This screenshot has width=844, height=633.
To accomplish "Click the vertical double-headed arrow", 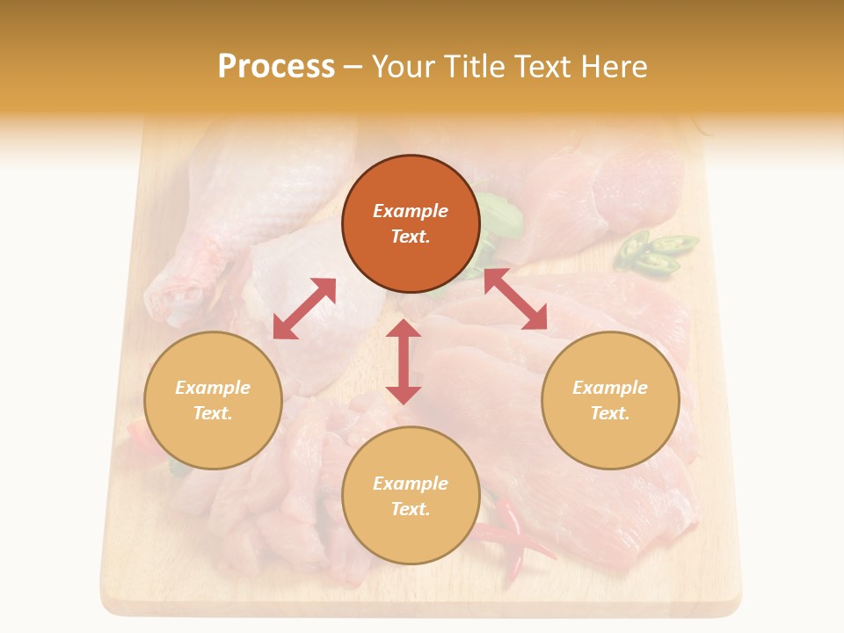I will click(x=404, y=361).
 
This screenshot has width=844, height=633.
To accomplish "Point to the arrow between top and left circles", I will click(x=304, y=309).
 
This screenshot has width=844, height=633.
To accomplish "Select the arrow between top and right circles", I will click(x=515, y=299).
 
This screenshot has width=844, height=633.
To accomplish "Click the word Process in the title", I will click(x=276, y=66).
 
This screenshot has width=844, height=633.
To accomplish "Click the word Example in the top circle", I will click(x=411, y=211).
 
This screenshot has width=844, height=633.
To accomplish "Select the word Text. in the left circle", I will click(x=213, y=413).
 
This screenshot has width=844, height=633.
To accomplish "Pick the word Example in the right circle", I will click(x=610, y=388).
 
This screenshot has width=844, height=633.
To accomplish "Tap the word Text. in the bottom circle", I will click(x=411, y=509).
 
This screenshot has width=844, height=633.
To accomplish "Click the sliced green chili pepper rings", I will click(x=655, y=251).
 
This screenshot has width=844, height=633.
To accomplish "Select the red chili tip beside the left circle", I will click(x=140, y=432).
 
